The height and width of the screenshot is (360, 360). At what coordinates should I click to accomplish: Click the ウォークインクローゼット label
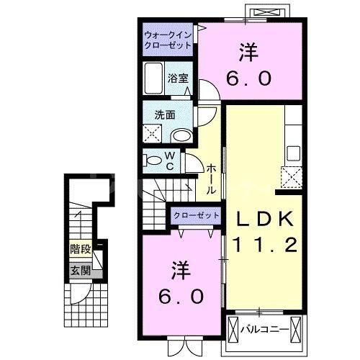coord(168,40)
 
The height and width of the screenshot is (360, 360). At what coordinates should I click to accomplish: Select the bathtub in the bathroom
coord(154,76)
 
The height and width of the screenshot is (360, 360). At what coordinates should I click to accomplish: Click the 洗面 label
coord(163,114)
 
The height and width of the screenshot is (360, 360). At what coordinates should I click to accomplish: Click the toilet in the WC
coord(152,160)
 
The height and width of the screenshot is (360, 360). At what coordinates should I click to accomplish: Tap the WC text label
coord(170,160)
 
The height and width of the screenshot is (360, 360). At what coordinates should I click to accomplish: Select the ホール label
coord(212,179)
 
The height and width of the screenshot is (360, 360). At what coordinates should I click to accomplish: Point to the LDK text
coord(261,218)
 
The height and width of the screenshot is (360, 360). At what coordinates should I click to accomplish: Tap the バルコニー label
coord(266,330)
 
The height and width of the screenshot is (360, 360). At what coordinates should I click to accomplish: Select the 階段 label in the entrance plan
coord(80,251)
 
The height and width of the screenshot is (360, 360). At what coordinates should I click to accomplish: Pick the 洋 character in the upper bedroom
coord(249,53)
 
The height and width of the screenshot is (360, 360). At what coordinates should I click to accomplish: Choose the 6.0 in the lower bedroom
coord(182,295)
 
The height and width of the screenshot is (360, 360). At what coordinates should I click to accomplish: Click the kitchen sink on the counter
coord(293,153)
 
